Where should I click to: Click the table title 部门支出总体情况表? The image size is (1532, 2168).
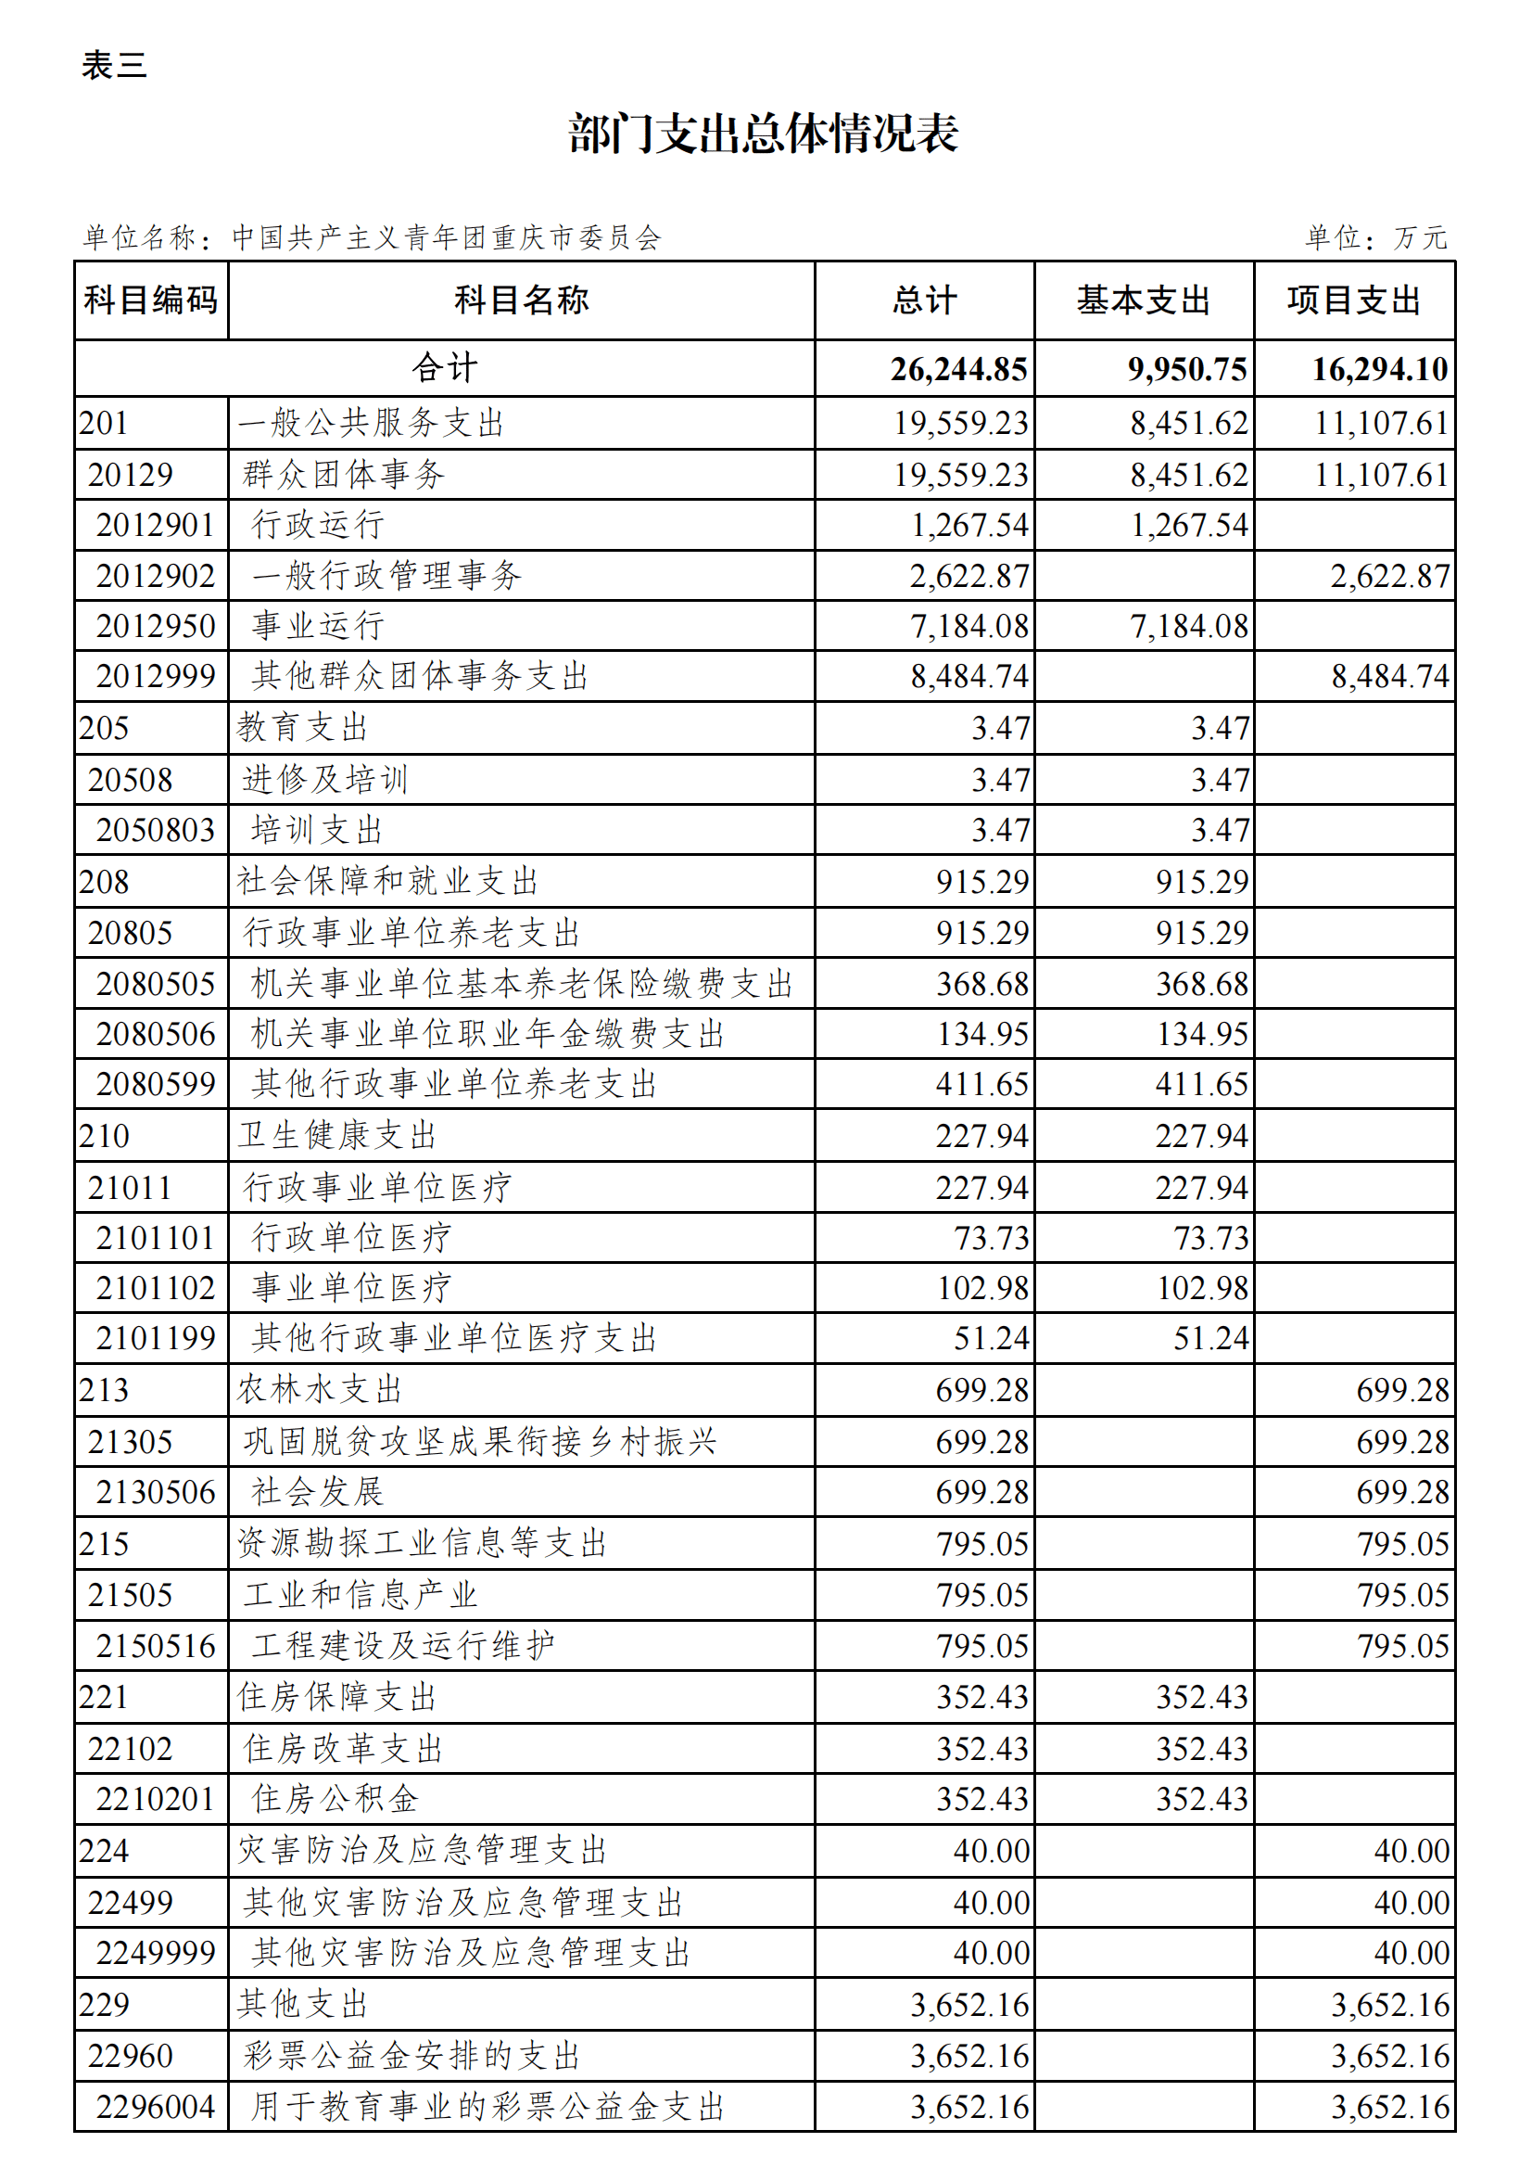tap(763, 134)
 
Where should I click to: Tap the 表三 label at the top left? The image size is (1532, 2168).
tap(113, 65)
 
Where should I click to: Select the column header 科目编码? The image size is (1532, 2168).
tap(151, 300)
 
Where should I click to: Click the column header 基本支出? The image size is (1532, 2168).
tap(1143, 300)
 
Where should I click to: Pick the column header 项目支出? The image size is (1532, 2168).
tap(1354, 300)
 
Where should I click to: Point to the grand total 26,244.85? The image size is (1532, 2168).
tap(958, 369)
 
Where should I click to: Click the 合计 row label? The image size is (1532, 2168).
tap(445, 367)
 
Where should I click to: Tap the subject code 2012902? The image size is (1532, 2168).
tap(156, 576)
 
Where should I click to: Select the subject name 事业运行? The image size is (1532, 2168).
tap(318, 626)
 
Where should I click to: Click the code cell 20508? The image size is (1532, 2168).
tap(131, 780)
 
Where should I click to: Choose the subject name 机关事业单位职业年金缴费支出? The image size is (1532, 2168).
tap(488, 1034)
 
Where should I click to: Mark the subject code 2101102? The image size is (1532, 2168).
tap(156, 1288)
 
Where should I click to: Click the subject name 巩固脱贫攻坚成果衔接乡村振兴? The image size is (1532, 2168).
tap(479, 1442)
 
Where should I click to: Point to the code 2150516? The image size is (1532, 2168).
tap(156, 1646)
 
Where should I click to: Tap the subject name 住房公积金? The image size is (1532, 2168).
tap(336, 1799)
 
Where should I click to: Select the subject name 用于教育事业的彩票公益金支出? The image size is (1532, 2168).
tap(488, 2107)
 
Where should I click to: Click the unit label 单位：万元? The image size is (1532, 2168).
tap(1375, 237)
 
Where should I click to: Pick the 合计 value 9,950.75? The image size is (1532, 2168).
tap(1187, 369)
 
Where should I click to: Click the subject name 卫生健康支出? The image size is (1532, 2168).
tap(337, 1135)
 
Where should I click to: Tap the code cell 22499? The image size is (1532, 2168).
tap(131, 1902)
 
